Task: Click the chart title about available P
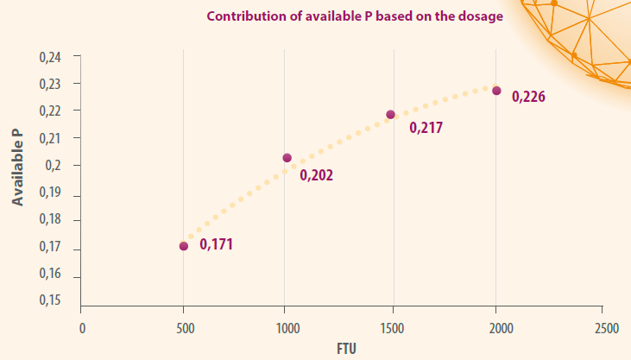[355, 16]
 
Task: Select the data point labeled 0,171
[184, 246]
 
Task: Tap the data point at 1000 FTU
[287, 158]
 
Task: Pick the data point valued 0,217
[390, 115]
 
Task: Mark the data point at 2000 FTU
[496, 91]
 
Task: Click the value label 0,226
[528, 97]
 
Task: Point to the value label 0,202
[316, 175]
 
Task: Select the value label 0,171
[216, 244]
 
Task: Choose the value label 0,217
[426, 128]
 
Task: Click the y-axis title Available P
[17, 167]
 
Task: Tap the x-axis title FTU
[346, 349]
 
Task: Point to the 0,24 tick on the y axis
[50, 58]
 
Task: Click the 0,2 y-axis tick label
[54, 165]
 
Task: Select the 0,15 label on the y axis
[50, 300]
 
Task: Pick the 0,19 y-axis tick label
[50, 193]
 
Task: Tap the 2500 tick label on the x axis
[607, 329]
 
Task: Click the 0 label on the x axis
[82, 329]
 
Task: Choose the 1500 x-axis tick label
[393, 329]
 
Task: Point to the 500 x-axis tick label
[186, 329]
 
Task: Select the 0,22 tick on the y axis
[50, 111]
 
